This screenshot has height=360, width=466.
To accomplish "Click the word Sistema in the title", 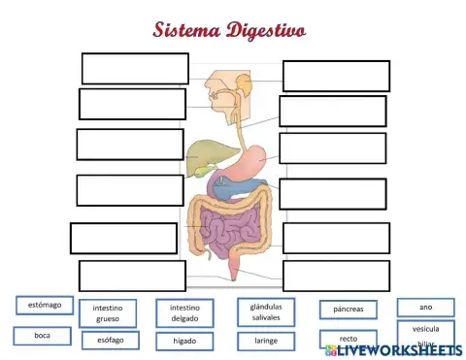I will click(186, 29).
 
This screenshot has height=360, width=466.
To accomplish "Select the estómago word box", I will click(45, 306).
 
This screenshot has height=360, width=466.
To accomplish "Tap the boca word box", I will click(42, 336).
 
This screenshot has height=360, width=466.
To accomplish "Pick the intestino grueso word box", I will click(108, 312).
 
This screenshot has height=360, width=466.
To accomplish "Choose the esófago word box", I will click(110, 340).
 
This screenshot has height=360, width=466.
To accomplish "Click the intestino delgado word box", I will click(184, 312).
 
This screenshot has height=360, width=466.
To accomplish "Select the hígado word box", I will click(184, 341).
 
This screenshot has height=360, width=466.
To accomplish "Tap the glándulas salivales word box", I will click(266, 311).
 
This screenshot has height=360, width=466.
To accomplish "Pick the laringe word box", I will click(266, 341).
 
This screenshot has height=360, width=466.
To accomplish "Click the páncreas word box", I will click(348, 310).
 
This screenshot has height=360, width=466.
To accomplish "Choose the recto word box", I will click(348, 339).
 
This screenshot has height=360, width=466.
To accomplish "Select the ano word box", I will click(425, 307).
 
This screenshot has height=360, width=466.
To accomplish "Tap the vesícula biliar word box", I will click(425, 335).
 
